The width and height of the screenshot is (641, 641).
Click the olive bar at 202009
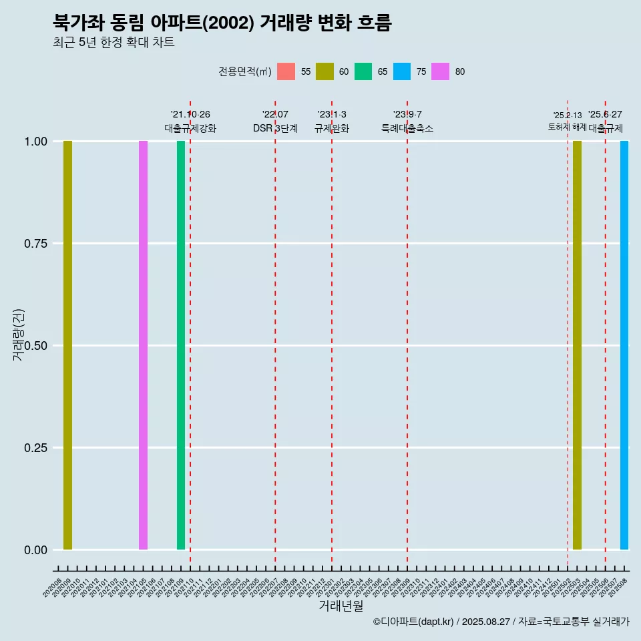click(x=67, y=345)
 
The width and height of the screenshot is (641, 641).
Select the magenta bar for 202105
click(x=143, y=345)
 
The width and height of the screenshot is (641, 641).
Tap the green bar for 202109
click(x=181, y=345)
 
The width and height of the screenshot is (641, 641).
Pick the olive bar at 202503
click(x=577, y=345)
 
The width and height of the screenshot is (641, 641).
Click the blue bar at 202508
click(x=624, y=345)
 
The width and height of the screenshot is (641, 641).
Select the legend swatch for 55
click(x=286, y=71)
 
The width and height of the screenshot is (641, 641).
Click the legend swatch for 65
click(x=363, y=71)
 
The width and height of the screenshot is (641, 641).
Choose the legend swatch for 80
click(x=440, y=71)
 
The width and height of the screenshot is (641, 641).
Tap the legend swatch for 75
click(x=402, y=71)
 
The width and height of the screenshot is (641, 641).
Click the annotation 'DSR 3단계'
click(x=275, y=128)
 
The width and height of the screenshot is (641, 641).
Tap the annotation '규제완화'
click(x=332, y=128)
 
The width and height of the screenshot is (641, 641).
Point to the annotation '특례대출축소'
click(x=407, y=128)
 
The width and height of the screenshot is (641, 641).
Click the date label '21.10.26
click(x=190, y=114)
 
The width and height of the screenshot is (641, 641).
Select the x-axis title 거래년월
click(x=341, y=606)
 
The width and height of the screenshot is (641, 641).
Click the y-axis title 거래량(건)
click(x=18, y=335)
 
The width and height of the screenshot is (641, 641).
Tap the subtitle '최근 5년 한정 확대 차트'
click(x=114, y=43)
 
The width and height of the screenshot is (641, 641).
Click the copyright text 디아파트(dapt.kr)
click(x=414, y=622)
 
